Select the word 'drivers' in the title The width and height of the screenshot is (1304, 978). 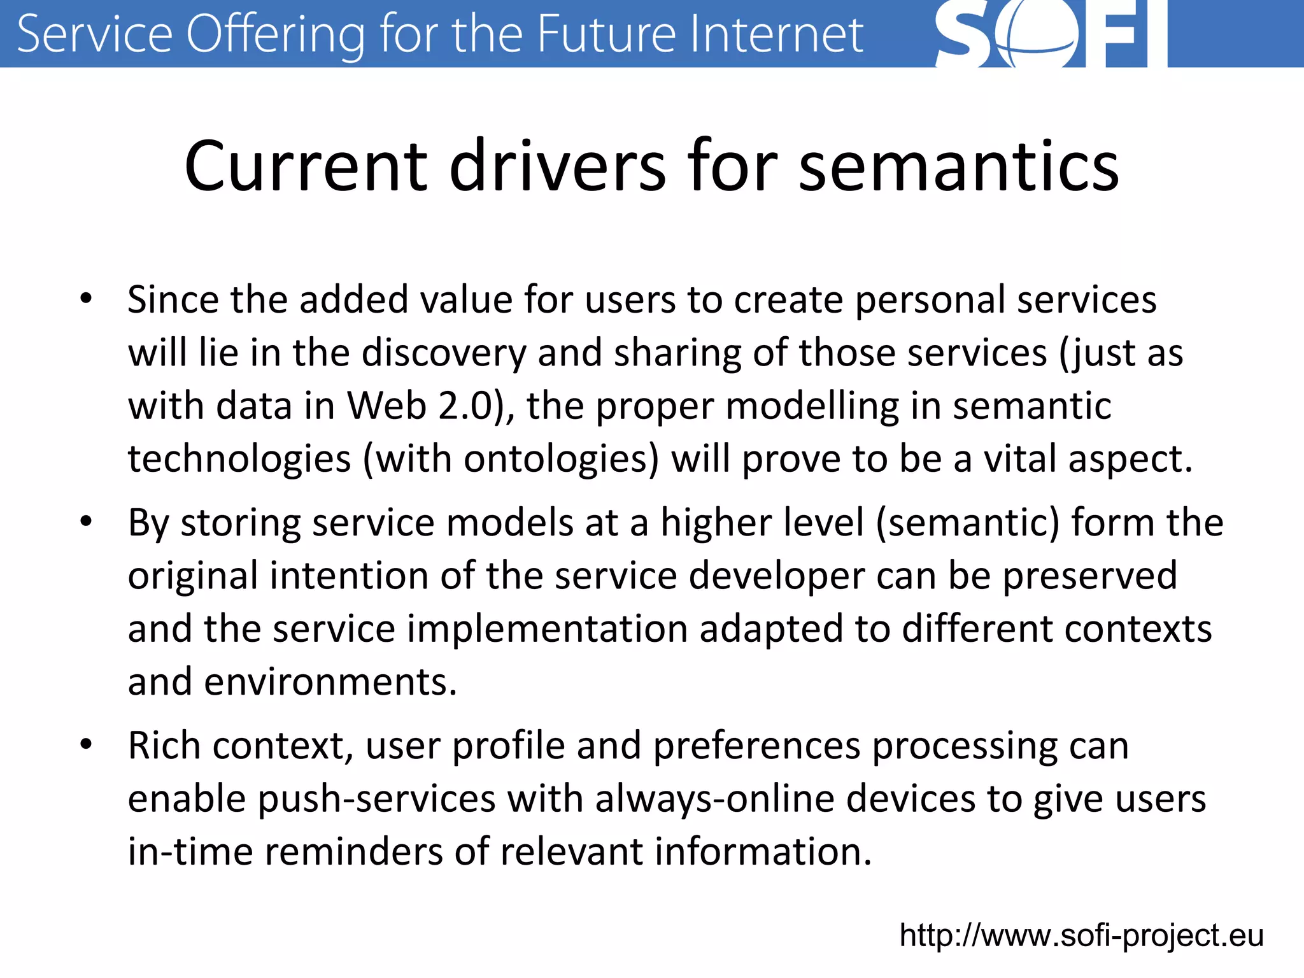click(x=558, y=167)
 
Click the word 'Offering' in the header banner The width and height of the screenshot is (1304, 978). click(x=276, y=35)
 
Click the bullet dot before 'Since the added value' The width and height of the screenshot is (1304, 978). click(x=86, y=298)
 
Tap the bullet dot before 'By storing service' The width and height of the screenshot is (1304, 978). click(x=86, y=521)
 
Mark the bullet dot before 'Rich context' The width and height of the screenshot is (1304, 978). click(x=86, y=744)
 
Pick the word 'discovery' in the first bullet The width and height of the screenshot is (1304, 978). click(x=444, y=353)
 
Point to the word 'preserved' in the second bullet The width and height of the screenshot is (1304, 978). click(x=1090, y=576)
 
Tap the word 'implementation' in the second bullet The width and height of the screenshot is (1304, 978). click(x=547, y=628)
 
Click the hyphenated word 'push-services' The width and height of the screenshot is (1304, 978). click(x=376, y=799)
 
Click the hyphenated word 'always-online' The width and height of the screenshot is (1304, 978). click(x=714, y=799)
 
